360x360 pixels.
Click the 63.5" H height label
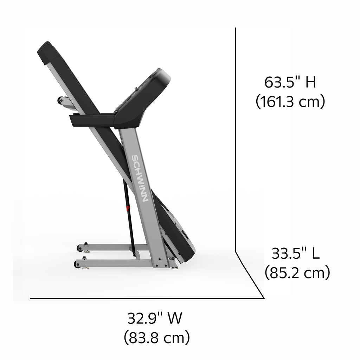pos(290,82)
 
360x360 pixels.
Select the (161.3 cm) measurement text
pos(290,101)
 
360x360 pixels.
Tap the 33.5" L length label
pos(296,253)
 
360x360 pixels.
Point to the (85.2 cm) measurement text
pos(297,272)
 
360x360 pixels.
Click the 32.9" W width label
pos(155,318)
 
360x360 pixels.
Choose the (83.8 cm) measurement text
pos(157,337)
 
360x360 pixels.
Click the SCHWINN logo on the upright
pos(140,178)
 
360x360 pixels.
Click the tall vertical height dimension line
pos(236,140)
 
